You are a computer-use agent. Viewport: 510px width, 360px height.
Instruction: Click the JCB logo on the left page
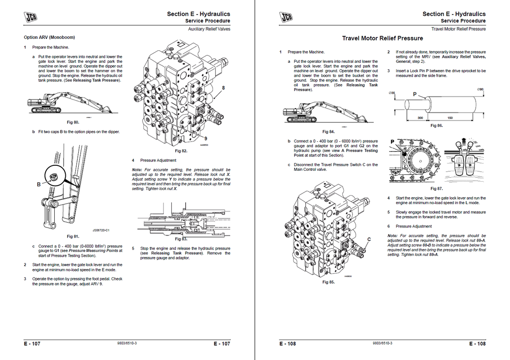click(x=33, y=18)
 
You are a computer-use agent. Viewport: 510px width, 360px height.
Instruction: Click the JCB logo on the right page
click(x=287, y=18)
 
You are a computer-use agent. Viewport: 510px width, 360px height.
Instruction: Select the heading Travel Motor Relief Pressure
click(x=382, y=38)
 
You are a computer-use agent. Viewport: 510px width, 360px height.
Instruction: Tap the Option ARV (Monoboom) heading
click(x=49, y=37)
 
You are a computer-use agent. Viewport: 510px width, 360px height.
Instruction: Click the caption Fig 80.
click(x=73, y=122)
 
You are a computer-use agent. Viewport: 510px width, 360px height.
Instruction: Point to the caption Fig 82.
click(x=181, y=150)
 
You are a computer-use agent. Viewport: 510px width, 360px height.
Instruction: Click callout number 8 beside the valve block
click(x=223, y=88)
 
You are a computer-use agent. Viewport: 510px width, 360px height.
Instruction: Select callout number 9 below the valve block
click(x=206, y=137)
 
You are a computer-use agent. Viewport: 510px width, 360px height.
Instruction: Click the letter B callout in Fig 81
click(x=39, y=184)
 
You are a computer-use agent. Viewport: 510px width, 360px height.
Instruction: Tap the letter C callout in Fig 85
click(x=369, y=239)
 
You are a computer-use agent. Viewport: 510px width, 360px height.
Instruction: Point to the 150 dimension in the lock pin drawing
click(x=450, y=118)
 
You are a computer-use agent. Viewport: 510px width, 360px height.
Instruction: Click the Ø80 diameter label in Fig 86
click(x=480, y=89)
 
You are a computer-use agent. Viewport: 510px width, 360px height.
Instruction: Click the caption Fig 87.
click(x=436, y=189)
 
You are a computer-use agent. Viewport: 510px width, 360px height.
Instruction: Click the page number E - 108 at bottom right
click(x=477, y=344)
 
